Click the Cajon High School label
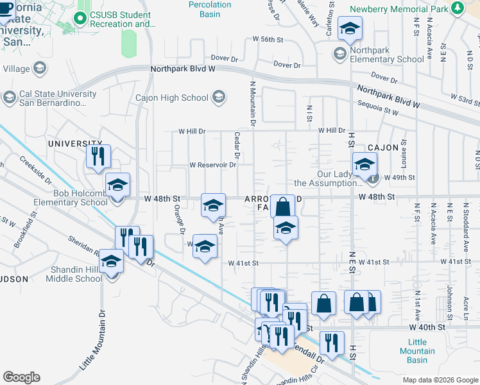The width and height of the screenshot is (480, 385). tap(171, 98)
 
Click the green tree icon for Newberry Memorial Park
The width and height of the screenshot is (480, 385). tap(457, 8)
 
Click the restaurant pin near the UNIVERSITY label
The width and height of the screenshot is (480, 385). tap(98, 155)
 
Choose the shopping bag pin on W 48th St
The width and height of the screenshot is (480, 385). tap(282, 207)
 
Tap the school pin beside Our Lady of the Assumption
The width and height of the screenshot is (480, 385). tap(364, 164)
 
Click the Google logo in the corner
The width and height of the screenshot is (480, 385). tap(21, 377)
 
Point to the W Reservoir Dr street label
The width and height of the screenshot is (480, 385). tap(213, 164)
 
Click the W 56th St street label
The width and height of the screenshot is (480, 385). tap(269, 39)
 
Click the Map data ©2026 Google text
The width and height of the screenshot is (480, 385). tap(440, 379)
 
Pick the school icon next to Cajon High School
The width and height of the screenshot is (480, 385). tap(218, 98)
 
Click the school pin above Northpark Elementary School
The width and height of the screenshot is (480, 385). tap(350, 28)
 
